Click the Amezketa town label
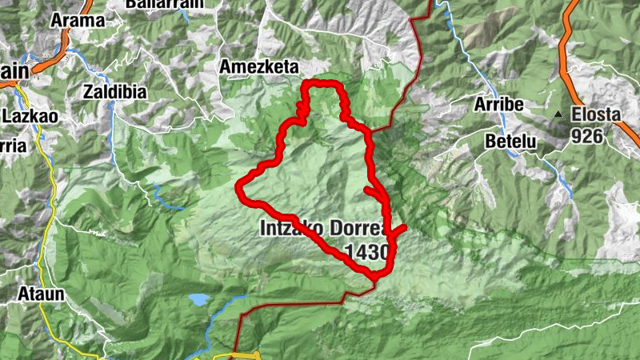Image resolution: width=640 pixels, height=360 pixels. (x=260, y=67)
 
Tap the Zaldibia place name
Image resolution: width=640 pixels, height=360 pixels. (x=114, y=91)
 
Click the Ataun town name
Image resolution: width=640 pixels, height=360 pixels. (x=41, y=294)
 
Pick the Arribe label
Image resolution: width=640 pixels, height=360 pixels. (x=498, y=106)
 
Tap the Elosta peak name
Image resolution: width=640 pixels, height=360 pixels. (x=596, y=114)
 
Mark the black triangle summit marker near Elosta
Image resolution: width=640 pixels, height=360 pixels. (x=558, y=115)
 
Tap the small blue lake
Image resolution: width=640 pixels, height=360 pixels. (x=197, y=300)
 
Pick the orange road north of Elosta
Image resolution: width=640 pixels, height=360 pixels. (x=570, y=40)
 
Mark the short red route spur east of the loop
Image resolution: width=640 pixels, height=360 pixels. (x=398, y=231)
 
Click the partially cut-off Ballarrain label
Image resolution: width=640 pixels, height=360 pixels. (x=156, y=4)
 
